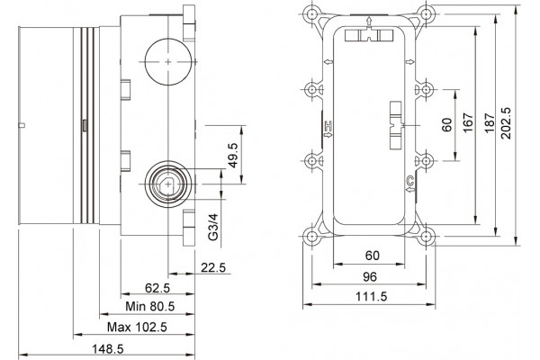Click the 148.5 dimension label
[x=107, y=349]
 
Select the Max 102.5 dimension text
[x=137, y=327]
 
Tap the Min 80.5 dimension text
[x=149, y=306]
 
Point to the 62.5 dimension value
[x=157, y=288]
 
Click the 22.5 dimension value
[x=213, y=267]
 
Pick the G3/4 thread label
[x=213, y=227]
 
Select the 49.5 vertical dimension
[x=233, y=156]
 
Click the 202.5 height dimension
[x=506, y=123]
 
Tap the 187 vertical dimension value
[x=490, y=123]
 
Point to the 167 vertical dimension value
[x=468, y=123]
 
